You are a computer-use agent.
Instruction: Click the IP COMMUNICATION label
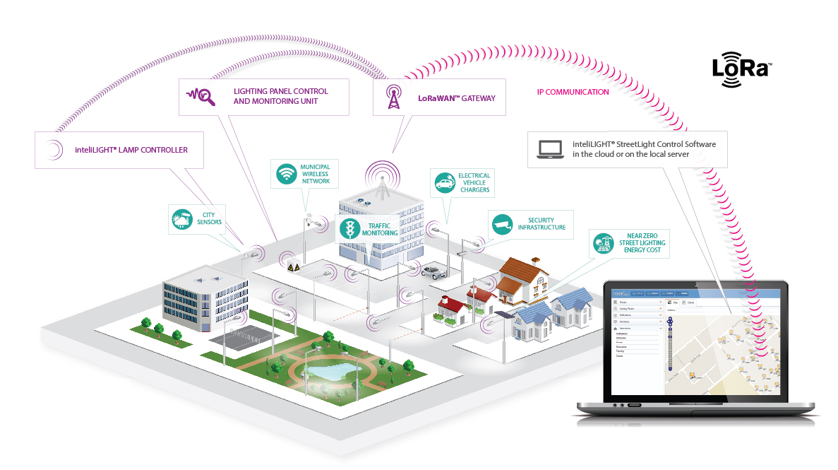573,92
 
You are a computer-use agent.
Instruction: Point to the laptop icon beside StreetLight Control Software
550,148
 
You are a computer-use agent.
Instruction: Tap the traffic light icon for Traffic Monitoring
348,228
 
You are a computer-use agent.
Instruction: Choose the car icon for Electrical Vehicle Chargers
444,184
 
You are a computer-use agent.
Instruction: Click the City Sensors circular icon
181,221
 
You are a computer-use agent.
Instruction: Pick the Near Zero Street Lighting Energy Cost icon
602,244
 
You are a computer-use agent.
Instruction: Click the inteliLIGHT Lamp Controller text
131,150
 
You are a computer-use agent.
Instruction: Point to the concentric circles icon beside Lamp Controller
54,150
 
